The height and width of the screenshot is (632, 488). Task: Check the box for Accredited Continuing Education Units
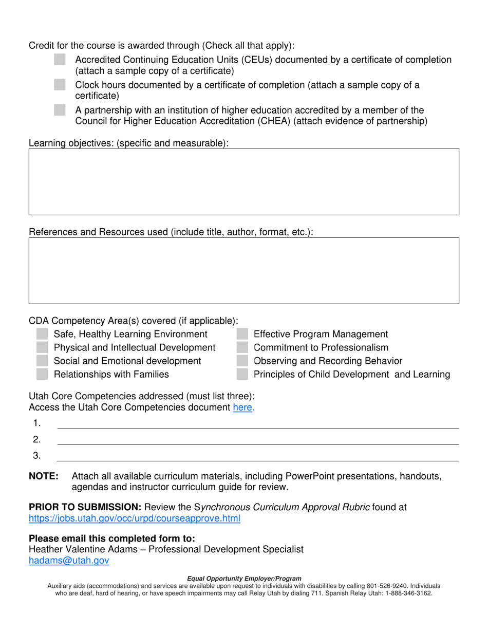(60, 60)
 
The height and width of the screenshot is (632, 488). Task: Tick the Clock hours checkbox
(60, 85)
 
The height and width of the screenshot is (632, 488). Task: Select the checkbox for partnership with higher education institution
(60, 110)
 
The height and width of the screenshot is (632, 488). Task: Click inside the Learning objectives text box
(243, 182)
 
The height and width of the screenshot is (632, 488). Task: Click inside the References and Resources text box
(243, 270)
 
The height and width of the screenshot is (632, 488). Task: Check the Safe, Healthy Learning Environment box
(43, 334)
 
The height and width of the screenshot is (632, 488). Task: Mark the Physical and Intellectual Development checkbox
(43, 348)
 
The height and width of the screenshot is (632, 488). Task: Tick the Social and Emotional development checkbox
(43, 361)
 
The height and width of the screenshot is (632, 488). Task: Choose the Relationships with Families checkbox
(43, 375)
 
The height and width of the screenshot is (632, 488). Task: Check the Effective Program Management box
(242, 334)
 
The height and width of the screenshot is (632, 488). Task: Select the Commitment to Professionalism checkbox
(242, 348)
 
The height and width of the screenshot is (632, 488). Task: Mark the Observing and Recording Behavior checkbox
(242, 361)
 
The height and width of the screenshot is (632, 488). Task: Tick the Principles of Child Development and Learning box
(242, 375)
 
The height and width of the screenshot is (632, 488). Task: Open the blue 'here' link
(243, 408)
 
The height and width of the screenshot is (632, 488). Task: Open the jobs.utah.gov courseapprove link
(135, 519)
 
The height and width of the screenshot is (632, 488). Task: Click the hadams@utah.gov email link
(69, 561)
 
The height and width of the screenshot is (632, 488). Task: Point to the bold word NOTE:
(44, 476)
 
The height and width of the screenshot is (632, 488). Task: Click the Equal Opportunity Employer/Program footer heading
(244, 579)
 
